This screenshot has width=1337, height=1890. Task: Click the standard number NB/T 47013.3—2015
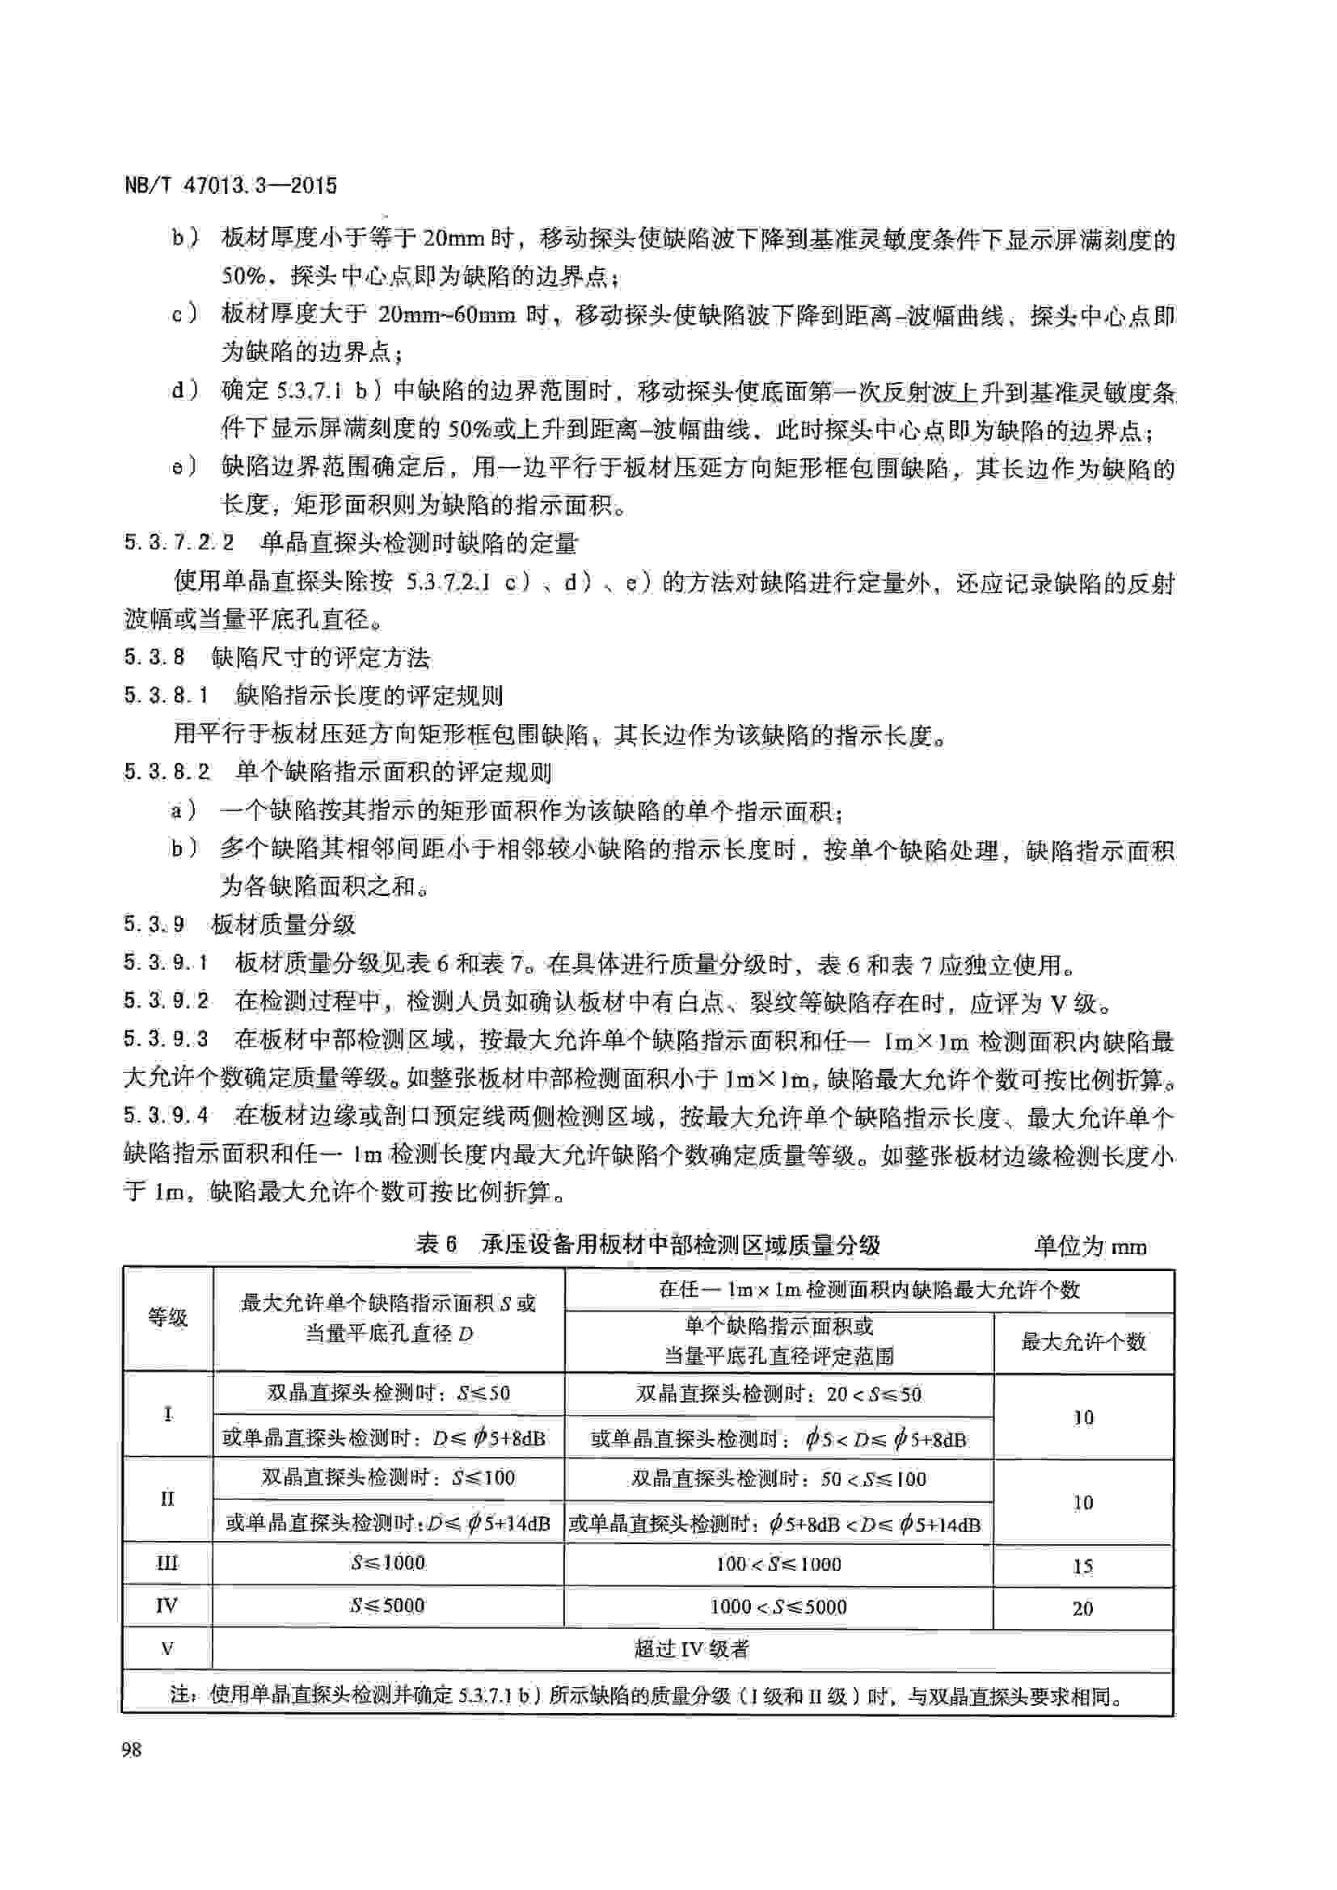230,185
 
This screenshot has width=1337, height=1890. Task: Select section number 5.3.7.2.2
179,542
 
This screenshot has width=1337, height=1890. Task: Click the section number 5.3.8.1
167,696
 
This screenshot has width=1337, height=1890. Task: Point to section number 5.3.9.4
167,1116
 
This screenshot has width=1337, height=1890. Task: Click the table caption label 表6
437,1244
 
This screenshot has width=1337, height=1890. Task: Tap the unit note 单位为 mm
1090,1246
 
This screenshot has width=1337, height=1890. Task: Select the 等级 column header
168,1318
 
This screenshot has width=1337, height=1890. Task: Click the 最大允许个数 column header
1083,1342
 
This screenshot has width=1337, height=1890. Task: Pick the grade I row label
168,1414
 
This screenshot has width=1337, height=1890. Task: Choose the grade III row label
167,1563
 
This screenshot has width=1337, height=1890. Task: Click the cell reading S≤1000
388,1563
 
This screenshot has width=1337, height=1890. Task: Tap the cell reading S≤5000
388,1606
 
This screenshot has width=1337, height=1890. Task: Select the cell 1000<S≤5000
778,1606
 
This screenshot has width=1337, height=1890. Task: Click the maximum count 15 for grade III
1082,1566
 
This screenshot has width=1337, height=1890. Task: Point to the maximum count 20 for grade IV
1082,1609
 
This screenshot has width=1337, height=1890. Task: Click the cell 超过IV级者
692,1649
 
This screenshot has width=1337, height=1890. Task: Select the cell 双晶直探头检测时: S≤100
388,1478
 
